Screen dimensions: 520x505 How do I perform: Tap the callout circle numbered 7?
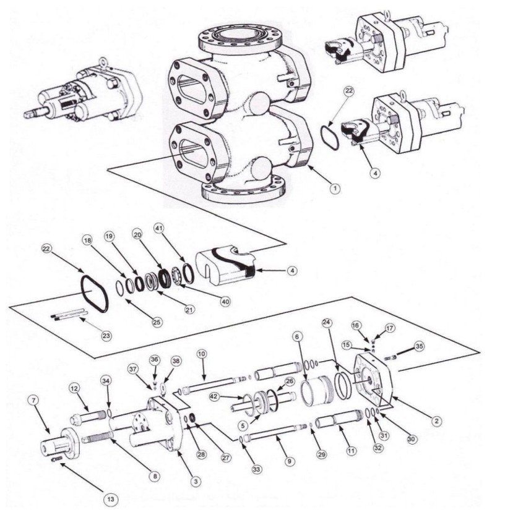tap(33, 400)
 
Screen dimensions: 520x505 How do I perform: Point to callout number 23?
tap(106, 336)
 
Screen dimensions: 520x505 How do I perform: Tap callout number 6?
tap(298, 336)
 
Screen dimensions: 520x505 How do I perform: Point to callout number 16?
tap(373, 325)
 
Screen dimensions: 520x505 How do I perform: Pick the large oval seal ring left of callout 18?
tap(96, 293)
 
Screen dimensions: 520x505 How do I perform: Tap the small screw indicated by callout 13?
tap(61, 458)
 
